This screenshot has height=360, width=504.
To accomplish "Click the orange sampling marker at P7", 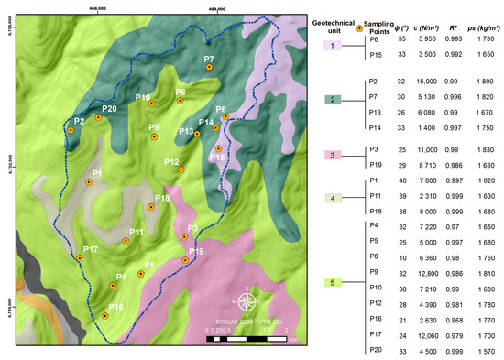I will point(210,67).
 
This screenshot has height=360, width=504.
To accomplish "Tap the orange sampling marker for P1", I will point(89,182).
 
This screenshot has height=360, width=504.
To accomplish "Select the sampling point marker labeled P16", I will point(105,315).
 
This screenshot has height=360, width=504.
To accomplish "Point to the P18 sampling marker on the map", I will point(150,207).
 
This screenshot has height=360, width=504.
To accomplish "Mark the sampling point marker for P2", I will point(71,130).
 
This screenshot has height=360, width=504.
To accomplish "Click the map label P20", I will point(108,109).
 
